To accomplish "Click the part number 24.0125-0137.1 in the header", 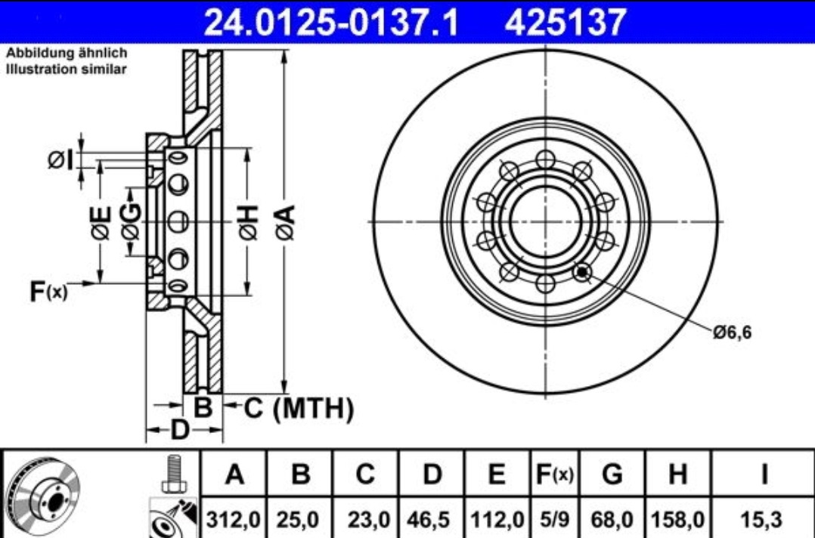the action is (x=332, y=22).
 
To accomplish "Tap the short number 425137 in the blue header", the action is (x=565, y=22).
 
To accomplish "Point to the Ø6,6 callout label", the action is (x=732, y=332).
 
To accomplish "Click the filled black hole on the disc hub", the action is (x=583, y=271).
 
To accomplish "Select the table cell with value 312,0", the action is (x=234, y=519).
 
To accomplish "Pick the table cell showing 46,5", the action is (x=432, y=519).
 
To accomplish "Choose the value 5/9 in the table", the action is (x=555, y=519).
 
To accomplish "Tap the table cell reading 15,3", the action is (x=763, y=519).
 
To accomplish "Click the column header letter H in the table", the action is (x=677, y=474).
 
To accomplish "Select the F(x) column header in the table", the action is (x=555, y=474).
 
